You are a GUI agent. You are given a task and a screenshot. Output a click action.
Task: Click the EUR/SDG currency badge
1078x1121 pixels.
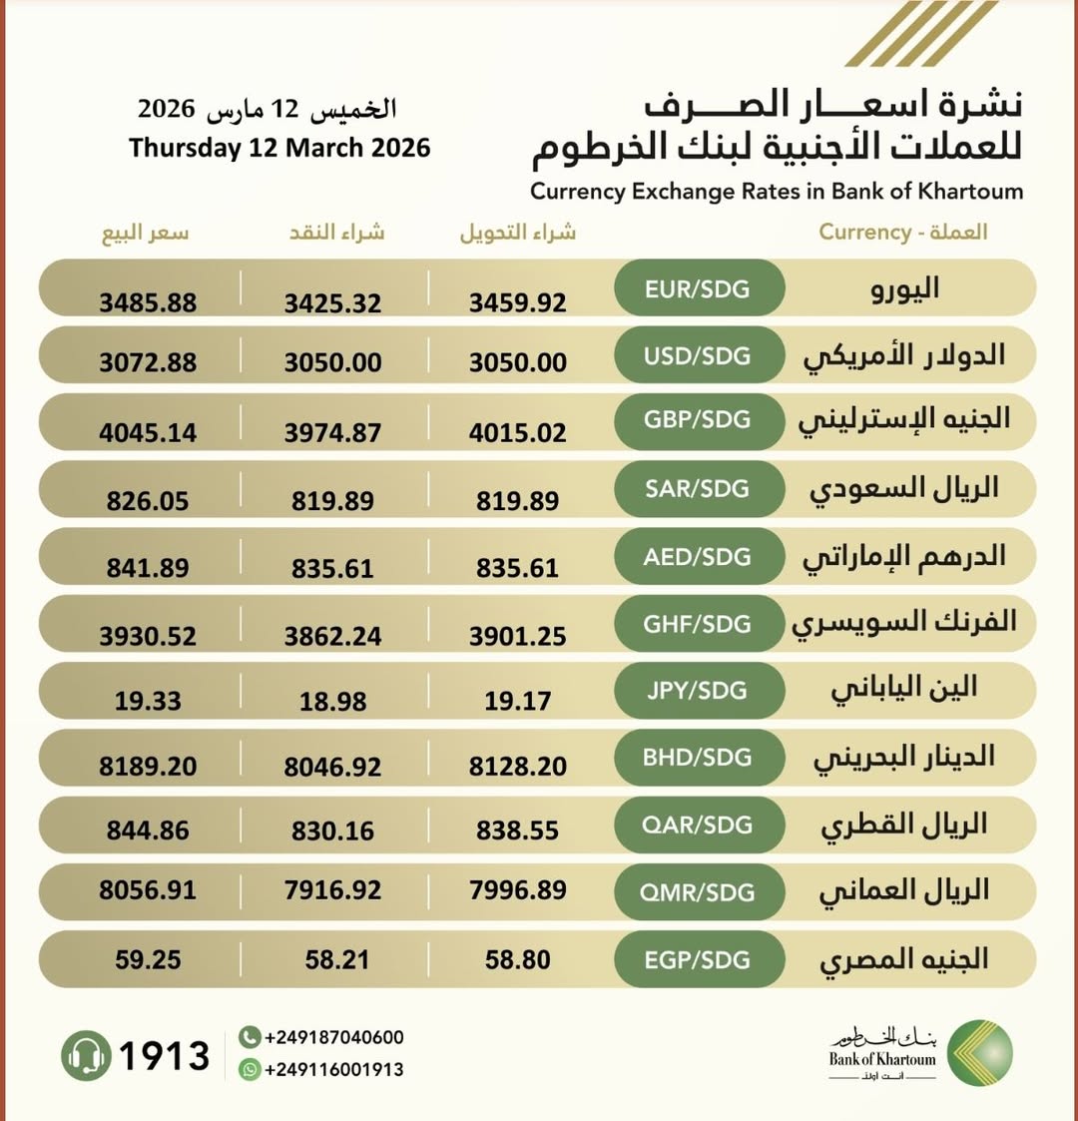[698, 289]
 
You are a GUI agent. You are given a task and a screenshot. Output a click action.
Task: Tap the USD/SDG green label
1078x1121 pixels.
[698, 356]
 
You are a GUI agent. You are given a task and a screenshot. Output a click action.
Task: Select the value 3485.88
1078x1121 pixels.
[148, 301]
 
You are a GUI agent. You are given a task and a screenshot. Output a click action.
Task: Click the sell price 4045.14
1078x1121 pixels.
[148, 433]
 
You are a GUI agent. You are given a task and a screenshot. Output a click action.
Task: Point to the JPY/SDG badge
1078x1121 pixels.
[698, 690]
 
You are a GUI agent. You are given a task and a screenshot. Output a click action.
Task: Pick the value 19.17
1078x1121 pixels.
[518, 701]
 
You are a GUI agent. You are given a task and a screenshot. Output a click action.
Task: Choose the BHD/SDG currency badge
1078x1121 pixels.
[698, 757]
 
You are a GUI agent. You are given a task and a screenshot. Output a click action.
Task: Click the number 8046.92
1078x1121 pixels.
[332, 767]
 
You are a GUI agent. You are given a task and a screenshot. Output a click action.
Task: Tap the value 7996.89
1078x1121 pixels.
[518, 889]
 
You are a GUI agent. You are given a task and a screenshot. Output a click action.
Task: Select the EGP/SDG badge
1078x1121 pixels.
[698, 959]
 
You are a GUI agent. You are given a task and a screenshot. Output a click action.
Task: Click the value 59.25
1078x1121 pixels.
[148, 959]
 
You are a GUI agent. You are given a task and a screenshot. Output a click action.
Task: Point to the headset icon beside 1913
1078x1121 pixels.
[86, 1055]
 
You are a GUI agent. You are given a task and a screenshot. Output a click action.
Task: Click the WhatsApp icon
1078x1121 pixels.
[250, 1069]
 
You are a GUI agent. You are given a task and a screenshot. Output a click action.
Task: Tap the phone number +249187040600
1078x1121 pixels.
[333, 1037]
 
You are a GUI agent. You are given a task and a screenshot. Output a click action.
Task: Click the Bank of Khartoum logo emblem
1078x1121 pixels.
[979, 1053]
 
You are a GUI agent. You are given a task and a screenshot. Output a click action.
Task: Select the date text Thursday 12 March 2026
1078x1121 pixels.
[279, 148]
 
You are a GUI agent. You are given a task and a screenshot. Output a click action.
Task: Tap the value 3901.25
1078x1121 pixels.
[518, 636]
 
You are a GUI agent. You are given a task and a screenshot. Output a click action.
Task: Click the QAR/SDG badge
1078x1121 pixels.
[698, 825]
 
